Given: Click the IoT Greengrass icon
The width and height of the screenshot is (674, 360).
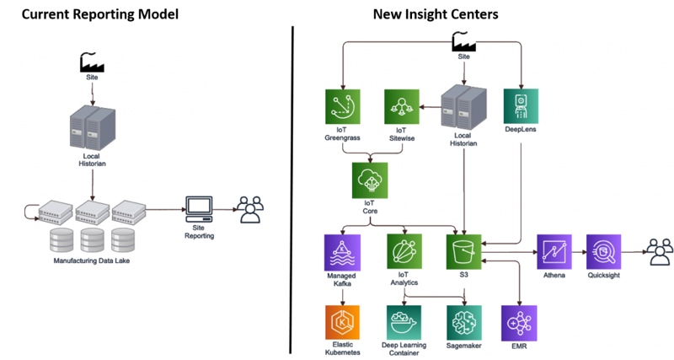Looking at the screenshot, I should pos(343,106).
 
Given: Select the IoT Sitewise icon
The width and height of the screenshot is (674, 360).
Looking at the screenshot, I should pos(402,106).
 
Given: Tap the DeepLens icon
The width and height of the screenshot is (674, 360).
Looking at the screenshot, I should pos(521,106).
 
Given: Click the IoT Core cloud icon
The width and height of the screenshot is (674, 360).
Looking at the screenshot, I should pos(370,180).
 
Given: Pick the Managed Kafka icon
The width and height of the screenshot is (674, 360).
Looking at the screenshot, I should pos(342,252).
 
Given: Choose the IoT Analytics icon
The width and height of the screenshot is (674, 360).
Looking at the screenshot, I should pos(404,252).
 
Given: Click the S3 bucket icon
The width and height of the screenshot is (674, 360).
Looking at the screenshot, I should pos(464,252).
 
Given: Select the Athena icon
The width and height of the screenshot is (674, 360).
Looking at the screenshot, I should pos(554,252).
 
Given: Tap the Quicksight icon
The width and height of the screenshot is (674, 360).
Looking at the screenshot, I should pos(603,252).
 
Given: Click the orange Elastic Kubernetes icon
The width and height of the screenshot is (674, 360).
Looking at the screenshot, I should pos(342,322).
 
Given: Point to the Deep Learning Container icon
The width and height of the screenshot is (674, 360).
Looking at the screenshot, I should pos(404,322).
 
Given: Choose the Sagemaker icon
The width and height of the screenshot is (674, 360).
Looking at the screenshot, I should pos(464,322).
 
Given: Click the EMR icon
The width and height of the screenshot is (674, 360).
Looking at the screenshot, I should pos(519,322).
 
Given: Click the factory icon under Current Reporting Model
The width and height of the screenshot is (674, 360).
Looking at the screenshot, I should pos(92,62).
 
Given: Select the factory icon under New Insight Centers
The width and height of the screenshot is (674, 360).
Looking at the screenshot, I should pos(463,41).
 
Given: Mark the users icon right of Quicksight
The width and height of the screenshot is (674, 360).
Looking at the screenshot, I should pos(659,250).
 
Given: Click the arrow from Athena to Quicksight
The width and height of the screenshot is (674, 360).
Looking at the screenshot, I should pos(579,252).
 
